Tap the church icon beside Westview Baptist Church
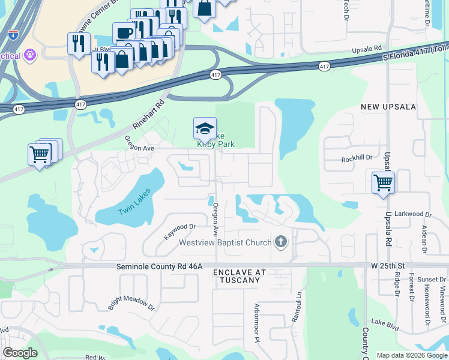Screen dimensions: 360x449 (280, 242)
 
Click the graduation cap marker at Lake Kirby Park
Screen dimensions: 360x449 (205, 128)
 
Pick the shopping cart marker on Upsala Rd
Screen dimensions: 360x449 (383, 182)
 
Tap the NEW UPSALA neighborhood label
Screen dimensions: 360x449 (388, 107)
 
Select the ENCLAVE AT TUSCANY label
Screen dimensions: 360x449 (240, 277)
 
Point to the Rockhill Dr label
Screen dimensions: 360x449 (357, 159)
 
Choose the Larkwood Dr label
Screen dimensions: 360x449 (417, 214)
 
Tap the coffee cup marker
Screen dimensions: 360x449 (124, 32)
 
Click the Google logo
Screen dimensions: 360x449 (20, 353)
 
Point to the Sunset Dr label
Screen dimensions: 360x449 (432, 280)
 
